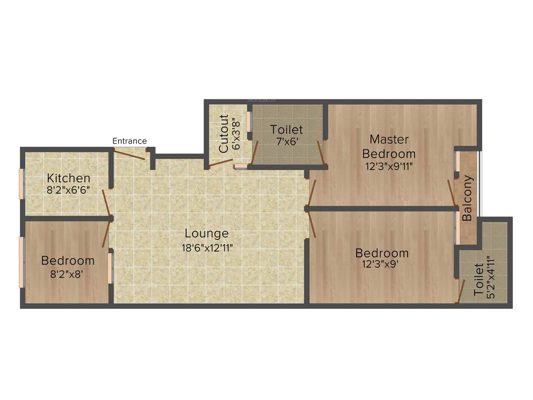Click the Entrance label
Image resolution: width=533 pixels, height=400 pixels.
click(130, 141)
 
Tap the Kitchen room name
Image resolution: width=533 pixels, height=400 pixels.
click(68, 178)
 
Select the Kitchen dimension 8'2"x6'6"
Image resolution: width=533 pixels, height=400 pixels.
click(68, 190)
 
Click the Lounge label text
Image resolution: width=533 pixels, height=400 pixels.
click(206, 234)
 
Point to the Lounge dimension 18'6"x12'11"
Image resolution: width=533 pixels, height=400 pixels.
click(206, 247)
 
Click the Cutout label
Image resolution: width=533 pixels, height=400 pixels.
click(224, 133)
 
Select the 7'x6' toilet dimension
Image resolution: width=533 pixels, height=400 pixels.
click(286, 141)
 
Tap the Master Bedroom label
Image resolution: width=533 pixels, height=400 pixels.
click(389, 146)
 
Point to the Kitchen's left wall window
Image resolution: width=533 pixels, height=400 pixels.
click(21, 184)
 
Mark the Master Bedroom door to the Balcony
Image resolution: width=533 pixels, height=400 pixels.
click(451, 193)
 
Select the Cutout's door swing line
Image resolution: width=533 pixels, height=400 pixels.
click(220, 163)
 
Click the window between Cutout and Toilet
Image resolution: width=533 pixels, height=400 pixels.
click(249, 121)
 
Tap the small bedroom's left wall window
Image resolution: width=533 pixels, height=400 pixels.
click(21, 262)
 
